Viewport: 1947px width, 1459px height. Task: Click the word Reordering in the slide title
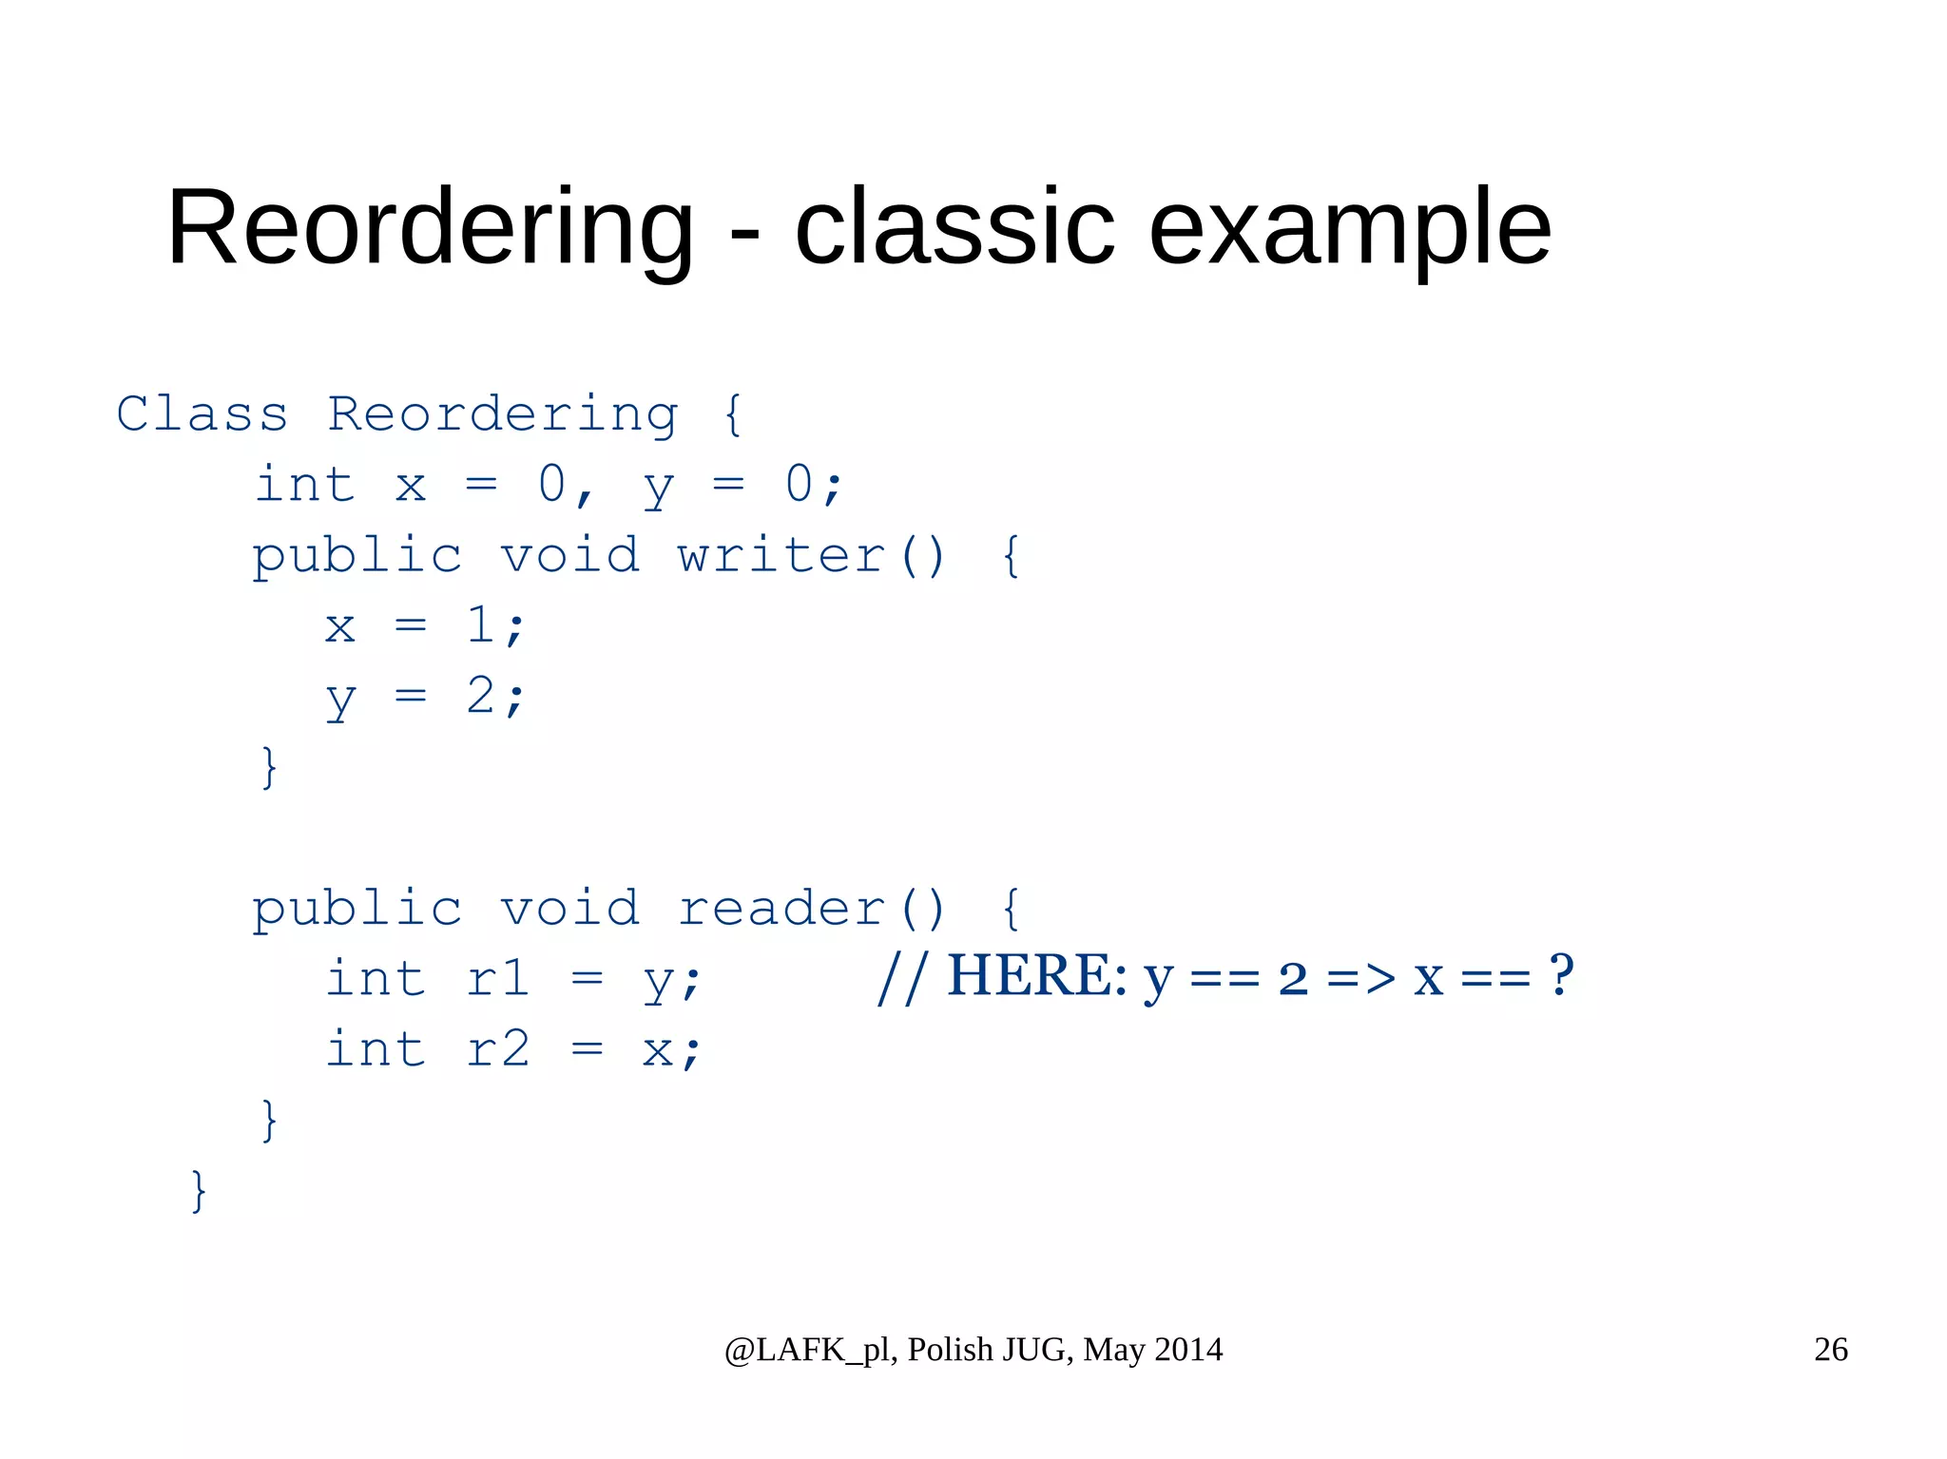[x=430, y=228]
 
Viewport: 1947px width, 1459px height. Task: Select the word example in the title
[x=1350, y=228]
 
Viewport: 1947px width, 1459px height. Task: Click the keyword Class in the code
[x=202, y=414]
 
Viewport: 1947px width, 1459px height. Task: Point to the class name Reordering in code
[x=503, y=414]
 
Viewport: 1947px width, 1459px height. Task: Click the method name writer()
[x=811, y=555]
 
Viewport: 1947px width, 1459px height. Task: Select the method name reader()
[x=811, y=909]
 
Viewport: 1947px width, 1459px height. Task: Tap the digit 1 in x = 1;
[x=481, y=625]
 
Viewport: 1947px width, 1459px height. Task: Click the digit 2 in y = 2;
[x=481, y=696]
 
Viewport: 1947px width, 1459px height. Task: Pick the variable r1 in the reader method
[x=497, y=979]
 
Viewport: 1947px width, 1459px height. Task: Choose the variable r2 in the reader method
[x=497, y=1049]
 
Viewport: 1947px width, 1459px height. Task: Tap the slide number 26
[x=1830, y=1350]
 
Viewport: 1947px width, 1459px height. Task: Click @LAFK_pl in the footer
[x=808, y=1350]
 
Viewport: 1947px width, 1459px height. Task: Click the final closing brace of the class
[x=199, y=1190]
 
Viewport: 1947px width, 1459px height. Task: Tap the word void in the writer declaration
[x=569, y=555]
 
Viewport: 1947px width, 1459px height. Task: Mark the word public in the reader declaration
[x=357, y=909]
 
